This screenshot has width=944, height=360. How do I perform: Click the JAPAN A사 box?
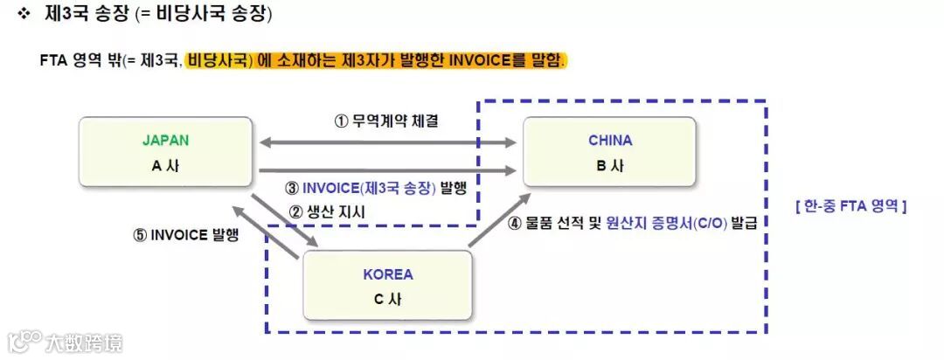165,153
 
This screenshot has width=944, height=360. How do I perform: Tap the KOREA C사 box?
387,287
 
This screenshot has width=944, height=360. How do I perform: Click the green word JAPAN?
165,140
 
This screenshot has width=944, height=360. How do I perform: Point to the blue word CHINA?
609,140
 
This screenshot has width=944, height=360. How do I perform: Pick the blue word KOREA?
387,274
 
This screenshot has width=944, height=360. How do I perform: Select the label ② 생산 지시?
327,211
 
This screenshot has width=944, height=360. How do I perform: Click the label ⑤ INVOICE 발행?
185,234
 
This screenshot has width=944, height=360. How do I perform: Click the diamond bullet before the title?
24,14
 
